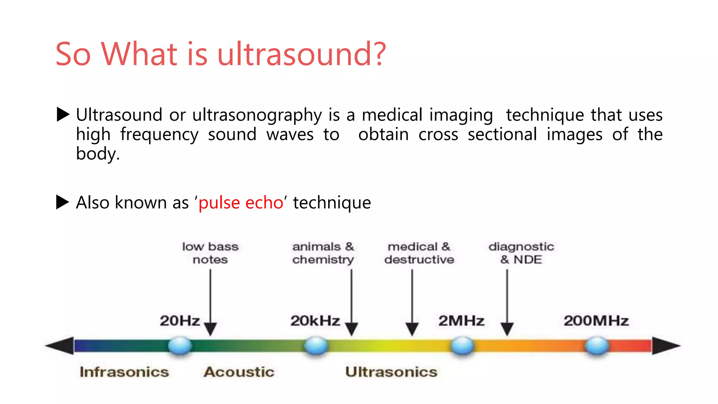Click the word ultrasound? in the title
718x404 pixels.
click(x=302, y=54)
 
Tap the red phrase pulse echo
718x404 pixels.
click(x=241, y=203)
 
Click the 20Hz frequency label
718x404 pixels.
click(x=179, y=321)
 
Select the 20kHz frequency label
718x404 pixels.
click(x=315, y=321)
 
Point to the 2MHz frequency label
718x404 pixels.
click(x=461, y=321)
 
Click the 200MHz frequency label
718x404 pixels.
click(x=596, y=321)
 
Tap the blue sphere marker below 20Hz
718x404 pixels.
click(x=180, y=346)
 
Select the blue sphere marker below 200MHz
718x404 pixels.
click(x=597, y=346)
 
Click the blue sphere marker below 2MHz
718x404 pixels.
click(x=462, y=346)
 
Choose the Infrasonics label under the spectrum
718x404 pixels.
click(x=124, y=372)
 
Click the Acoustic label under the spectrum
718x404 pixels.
click(x=239, y=372)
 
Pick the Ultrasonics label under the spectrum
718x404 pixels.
click(x=391, y=372)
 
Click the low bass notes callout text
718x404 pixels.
click(x=210, y=253)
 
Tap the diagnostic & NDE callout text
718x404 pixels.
click(x=521, y=253)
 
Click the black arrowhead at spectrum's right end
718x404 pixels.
click(x=665, y=346)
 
